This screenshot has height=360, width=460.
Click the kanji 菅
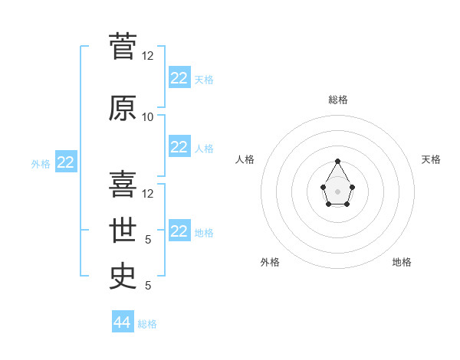(123, 46)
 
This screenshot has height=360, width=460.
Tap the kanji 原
(123, 108)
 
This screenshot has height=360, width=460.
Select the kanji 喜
(123, 184)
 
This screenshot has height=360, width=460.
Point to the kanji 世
(123, 230)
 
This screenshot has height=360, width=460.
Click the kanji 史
(123, 277)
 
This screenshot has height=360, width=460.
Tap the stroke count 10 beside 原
(147, 117)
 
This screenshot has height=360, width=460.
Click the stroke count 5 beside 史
(148, 285)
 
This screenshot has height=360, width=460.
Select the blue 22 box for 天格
(179, 77)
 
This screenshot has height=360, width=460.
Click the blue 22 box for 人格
(179, 146)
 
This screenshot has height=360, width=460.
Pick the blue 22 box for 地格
(179, 230)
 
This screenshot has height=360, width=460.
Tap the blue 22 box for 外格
(66, 162)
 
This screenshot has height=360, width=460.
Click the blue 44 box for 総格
(123, 321)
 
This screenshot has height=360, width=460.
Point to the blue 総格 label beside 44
(147, 324)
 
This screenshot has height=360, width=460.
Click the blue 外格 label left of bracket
(41, 164)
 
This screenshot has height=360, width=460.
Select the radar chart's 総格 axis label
(338, 100)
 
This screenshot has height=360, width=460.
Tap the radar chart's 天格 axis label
(431, 159)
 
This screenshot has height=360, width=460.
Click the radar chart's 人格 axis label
(245, 159)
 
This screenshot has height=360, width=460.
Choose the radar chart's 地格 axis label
(402, 262)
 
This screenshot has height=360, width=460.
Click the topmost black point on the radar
(337, 161)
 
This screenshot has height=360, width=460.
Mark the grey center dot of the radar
(337, 191)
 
